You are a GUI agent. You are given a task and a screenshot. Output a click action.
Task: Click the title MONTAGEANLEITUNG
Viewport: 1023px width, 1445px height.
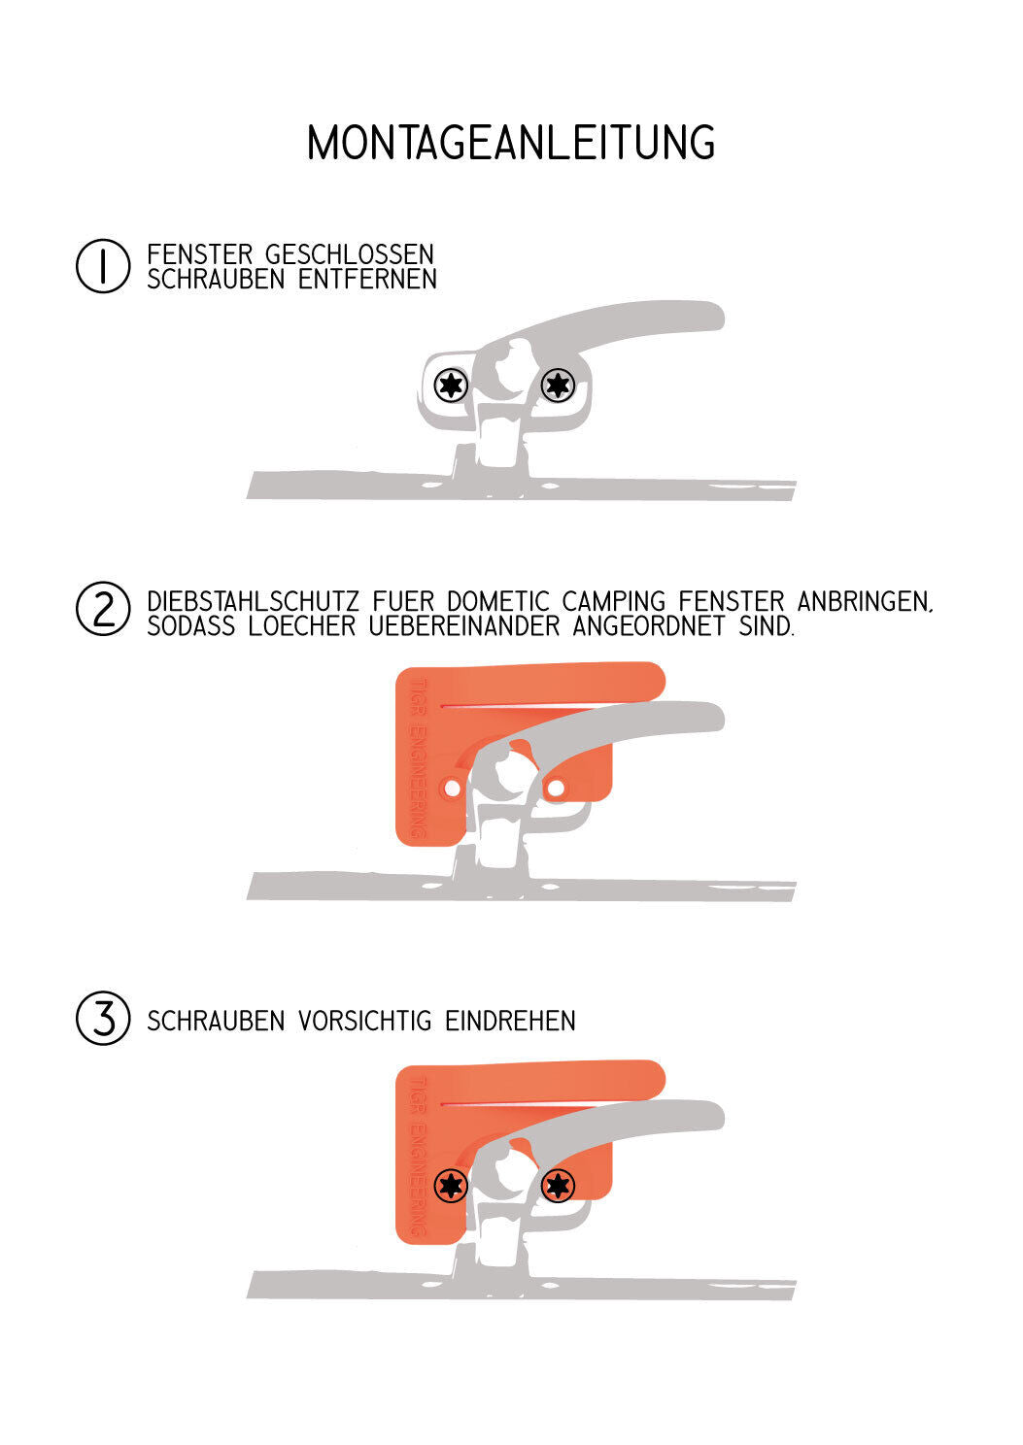click(511, 142)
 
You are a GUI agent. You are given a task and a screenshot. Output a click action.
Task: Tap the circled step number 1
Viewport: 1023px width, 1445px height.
click(103, 266)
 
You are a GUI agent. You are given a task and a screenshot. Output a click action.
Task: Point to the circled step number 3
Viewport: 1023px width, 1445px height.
click(103, 1018)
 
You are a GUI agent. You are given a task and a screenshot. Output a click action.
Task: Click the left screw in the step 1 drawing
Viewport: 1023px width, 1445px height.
click(451, 386)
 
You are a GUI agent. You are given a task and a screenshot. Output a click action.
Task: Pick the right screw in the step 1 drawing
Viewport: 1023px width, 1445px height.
click(557, 386)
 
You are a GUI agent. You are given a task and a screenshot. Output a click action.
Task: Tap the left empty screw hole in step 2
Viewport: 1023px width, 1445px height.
click(453, 789)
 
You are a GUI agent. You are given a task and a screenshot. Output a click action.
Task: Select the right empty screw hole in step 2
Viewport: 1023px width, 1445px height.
click(556, 788)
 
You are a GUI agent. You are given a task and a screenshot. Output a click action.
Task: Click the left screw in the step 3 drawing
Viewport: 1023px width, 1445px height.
click(451, 1185)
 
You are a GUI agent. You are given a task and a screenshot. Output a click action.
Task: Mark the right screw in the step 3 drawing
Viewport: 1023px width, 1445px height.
click(557, 1185)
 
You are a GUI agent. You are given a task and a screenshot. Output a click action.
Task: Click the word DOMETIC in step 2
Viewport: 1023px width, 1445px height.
click(497, 601)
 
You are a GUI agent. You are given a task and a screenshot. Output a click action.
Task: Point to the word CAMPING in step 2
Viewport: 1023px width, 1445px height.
click(614, 601)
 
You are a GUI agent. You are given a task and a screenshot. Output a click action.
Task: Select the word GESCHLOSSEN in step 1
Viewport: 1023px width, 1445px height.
click(349, 254)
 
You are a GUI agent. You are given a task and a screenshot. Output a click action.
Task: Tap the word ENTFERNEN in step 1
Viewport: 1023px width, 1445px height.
click(367, 279)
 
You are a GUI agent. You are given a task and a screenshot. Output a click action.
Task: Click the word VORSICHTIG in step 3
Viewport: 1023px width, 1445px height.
click(364, 1021)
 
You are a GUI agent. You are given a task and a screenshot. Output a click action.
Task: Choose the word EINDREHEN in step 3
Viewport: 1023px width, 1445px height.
click(510, 1021)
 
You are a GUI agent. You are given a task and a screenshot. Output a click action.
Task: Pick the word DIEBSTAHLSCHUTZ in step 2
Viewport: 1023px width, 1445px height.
click(253, 601)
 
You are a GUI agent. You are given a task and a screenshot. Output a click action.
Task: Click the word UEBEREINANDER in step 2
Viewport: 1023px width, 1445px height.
click(464, 625)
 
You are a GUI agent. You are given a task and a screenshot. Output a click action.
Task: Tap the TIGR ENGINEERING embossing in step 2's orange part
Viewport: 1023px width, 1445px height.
click(419, 757)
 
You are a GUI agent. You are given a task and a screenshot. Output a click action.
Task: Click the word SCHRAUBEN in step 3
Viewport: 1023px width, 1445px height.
click(217, 1021)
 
